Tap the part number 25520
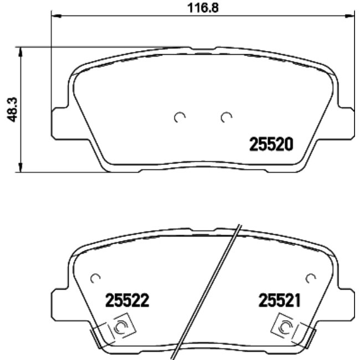(270, 145)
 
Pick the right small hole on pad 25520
(225, 117)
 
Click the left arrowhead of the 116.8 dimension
(55, 16)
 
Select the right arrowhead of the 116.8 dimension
(348, 16)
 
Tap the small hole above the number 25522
(95, 277)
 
